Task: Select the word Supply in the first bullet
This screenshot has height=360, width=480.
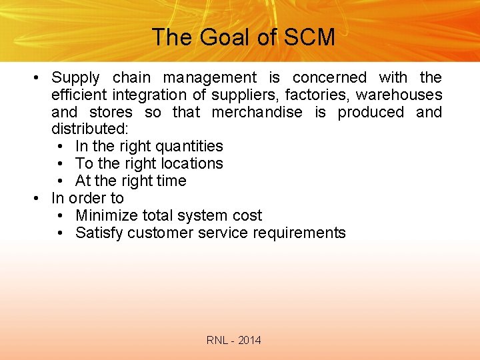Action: pyautogui.click(x=75, y=79)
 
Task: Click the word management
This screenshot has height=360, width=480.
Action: pyautogui.click(x=209, y=78)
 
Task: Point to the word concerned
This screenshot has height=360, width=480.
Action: pyautogui.click(x=329, y=78)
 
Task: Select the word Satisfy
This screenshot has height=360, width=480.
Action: pyautogui.click(x=99, y=233)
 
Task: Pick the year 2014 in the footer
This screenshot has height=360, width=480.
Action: pyautogui.click(x=249, y=341)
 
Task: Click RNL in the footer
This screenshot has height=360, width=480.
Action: pyautogui.click(x=217, y=341)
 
